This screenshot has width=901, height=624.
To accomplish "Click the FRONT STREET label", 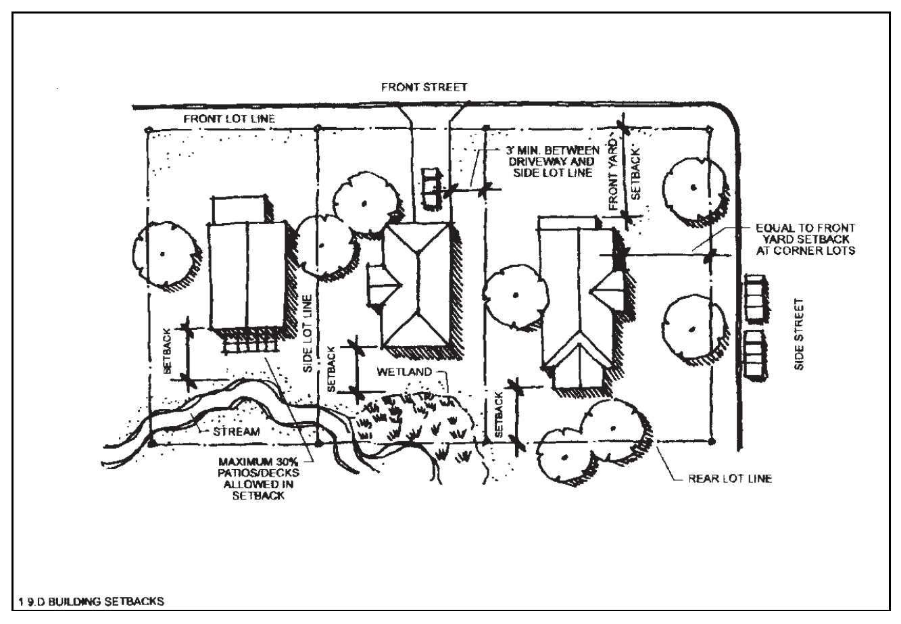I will tap(424, 88).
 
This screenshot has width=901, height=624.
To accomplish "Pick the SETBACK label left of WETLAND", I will tap(331, 369).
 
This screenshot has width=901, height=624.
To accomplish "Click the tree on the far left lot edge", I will tap(162, 254).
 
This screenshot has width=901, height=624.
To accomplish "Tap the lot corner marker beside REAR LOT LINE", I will tap(712, 441).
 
